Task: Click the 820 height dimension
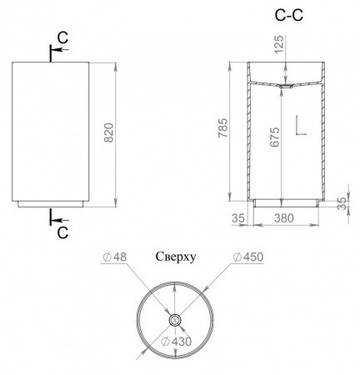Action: pos(109,132)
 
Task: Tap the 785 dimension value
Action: pos(222,128)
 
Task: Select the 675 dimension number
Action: pos(274,137)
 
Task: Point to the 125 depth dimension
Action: pos(279,44)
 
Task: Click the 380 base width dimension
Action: pos(284,218)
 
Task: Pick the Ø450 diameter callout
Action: pos(248,257)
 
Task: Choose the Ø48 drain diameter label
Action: pos(115,257)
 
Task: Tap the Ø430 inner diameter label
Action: pos(177,342)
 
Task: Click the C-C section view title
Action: pos(289,15)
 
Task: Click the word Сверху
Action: pos(176,257)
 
